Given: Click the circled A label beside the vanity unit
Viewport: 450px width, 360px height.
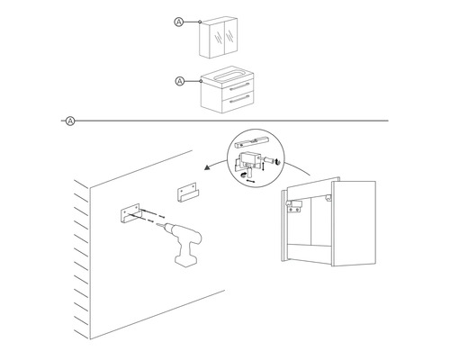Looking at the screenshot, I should click(x=177, y=81).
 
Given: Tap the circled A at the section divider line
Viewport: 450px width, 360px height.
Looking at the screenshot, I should click(x=70, y=120).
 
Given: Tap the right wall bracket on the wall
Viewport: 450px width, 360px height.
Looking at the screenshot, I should click(x=188, y=192).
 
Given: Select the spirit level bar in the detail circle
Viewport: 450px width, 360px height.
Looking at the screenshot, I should click(x=253, y=142).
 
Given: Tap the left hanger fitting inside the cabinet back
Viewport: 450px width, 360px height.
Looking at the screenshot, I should click(x=293, y=206).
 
